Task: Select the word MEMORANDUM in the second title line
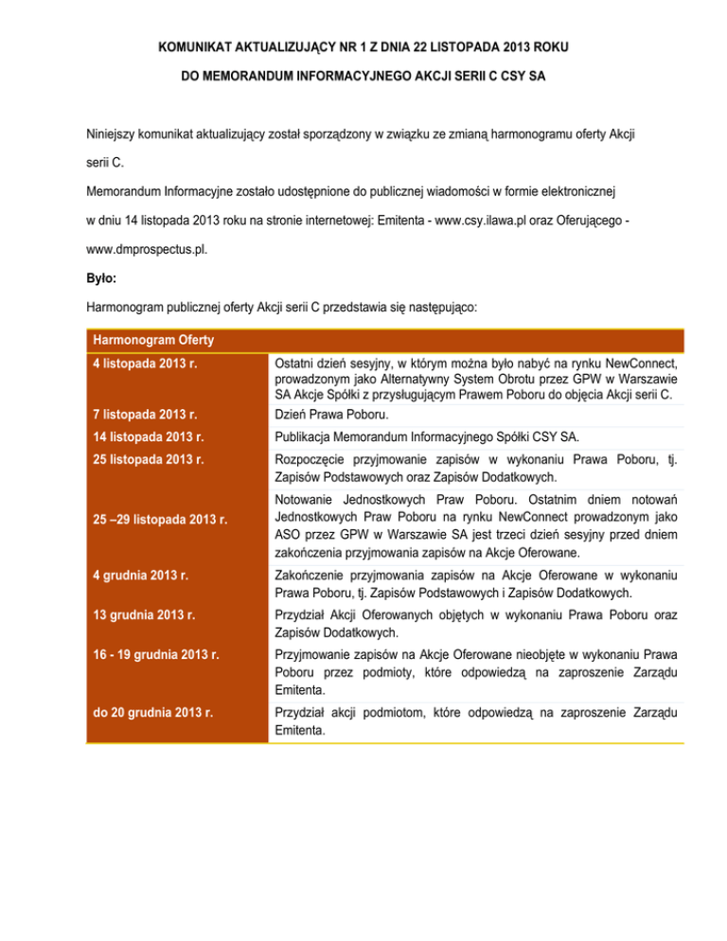tap(257, 73)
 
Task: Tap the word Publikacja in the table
tap(304, 437)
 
